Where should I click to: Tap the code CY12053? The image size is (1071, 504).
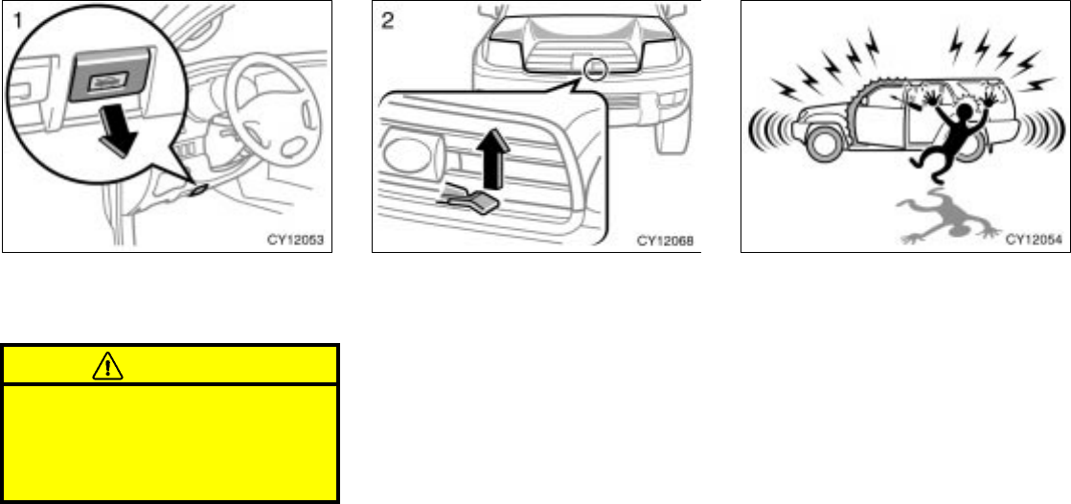point(293,239)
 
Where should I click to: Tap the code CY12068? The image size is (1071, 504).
point(663,239)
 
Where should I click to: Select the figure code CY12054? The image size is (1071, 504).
point(1033,239)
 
